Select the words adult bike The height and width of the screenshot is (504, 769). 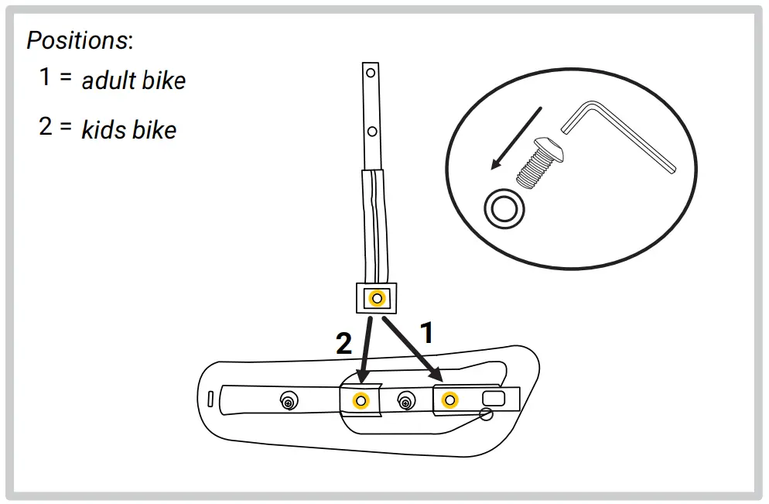click(134, 81)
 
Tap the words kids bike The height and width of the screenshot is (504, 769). click(129, 129)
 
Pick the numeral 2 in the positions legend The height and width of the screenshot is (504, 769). click(46, 126)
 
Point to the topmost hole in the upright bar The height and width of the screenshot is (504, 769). click(371, 74)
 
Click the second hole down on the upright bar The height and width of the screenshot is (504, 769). click(371, 132)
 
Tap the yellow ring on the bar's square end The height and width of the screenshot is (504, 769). click(377, 297)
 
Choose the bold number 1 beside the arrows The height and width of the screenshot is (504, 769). click(426, 333)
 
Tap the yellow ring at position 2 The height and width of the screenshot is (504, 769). click(360, 399)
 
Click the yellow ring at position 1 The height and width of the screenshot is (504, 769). click(448, 399)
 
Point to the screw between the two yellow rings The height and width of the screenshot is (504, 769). click(404, 400)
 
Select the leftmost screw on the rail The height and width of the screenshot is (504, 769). click(289, 401)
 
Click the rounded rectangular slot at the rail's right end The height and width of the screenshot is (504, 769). click(492, 398)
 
